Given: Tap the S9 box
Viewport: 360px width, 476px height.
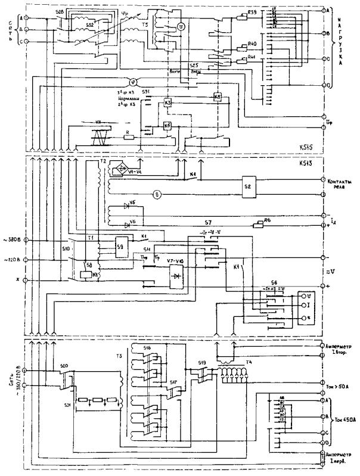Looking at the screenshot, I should click(x=120, y=245).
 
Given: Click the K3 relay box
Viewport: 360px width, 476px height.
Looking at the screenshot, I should click(x=167, y=103).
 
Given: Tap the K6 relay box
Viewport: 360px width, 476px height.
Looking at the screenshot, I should click(x=167, y=125).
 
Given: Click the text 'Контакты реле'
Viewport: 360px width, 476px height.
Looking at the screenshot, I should click(x=341, y=183).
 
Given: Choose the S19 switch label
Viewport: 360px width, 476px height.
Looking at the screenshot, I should click(x=202, y=361).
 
